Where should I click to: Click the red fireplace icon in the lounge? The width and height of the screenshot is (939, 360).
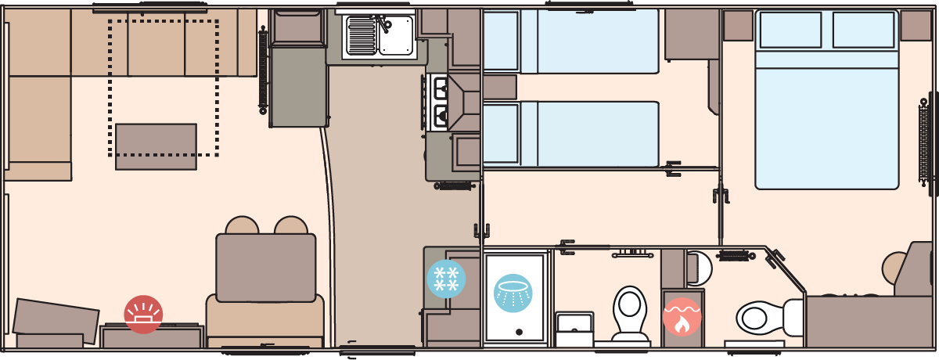pyautogui.click(x=143, y=315)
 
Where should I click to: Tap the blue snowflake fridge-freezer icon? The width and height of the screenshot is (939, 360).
pyautogui.click(x=446, y=279)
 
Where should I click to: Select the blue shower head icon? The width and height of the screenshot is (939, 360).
pyautogui.click(x=513, y=293)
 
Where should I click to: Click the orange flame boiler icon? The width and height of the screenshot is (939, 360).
pyautogui.click(x=682, y=317)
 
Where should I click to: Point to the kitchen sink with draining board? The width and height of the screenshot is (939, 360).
pyautogui.click(x=380, y=35)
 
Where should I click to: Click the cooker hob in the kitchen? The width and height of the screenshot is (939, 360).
pyautogui.click(x=438, y=103)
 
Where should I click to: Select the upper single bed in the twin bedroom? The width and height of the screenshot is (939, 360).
pyautogui.click(x=571, y=41)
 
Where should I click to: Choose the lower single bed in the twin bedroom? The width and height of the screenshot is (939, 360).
pyautogui.click(x=571, y=134)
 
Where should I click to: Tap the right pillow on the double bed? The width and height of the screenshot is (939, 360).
pyautogui.click(x=863, y=30)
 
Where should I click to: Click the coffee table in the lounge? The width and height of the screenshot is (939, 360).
pyautogui.click(x=156, y=146)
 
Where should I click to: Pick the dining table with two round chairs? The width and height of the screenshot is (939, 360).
pyautogui.click(x=266, y=267)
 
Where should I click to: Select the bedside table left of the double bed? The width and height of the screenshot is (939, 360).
pyautogui.click(x=737, y=26)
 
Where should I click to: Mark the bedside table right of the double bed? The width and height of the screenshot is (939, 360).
pyautogui.click(x=916, y=26)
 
